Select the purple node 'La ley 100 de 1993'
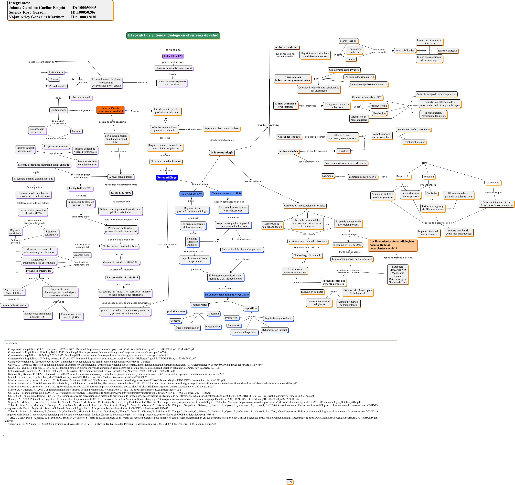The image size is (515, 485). tap(173, 56)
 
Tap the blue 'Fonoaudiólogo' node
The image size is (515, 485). tap(167, 177)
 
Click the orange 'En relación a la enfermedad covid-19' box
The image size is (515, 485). tap(110, 110)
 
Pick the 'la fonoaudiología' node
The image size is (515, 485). tap(222, 152)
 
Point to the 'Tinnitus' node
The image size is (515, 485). tap(350, 59)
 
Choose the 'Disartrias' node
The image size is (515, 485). tap(343, 151)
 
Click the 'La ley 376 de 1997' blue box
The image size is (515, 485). tap(191, 194)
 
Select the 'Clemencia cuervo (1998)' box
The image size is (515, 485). tap(226, 193)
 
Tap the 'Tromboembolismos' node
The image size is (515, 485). tap(414, 142)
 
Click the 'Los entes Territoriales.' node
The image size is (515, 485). tap(14, 305)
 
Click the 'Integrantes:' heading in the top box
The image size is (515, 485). tap(19, 3)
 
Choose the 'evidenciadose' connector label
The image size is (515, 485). tap(268, 125)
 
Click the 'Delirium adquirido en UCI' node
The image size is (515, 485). tap(359, 77)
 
